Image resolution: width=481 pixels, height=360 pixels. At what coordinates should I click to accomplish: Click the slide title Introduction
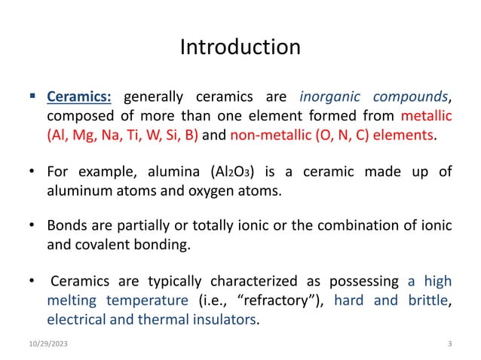coord(240,47)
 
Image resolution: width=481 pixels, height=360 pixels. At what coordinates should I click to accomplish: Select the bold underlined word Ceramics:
coord(80,98)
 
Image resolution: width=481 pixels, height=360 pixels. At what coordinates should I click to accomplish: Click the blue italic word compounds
coord(407,98)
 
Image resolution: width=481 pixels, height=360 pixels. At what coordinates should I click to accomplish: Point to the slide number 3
coord(450,344)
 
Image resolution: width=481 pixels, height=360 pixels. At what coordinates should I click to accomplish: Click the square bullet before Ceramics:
coord(32,97)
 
